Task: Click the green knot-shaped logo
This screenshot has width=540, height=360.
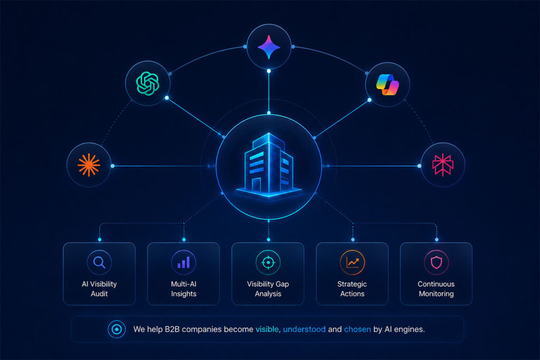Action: (x=148, y=83)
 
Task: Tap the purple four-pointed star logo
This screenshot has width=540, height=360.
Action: (x=269, y=47)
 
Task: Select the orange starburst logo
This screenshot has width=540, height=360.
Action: (x=89, y=165)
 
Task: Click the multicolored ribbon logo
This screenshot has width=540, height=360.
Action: (x=388, y=85)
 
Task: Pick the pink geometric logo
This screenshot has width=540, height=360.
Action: (x=443, y=165)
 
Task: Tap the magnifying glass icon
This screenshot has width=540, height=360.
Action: (x=99, y=262)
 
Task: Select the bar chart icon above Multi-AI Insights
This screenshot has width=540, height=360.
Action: (x=184, y=262)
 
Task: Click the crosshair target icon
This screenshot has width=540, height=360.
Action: (x=268, y=262)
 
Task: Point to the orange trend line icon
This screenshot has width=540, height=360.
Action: (x=352, y=262)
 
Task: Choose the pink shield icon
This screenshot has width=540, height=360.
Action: (x=436, y=262)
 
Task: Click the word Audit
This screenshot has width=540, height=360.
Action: (x=99, y=294)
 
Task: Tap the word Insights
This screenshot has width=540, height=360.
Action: (x=184, y=294)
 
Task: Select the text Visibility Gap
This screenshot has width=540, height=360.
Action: (x=268, y=284)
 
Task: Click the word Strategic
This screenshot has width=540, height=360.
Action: (x=352, y=284)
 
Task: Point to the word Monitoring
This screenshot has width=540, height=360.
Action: (x=436, y=294)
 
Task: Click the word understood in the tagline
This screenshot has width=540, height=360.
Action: (x=304, y=329)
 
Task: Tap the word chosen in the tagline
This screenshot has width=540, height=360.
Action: (x=358, y=329)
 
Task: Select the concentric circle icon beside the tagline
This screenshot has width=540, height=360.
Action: (x=117, y=329)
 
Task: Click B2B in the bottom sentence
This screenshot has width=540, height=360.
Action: (x=172, y=329)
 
